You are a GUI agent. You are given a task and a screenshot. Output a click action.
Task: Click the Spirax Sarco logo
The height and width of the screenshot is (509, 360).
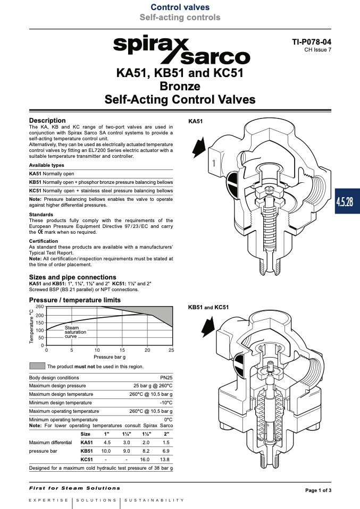point(182,49)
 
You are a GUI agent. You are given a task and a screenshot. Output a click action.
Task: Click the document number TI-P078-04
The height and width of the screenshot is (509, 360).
point(312,42)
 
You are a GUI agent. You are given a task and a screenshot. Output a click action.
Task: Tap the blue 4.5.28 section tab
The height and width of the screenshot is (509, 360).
point(347,201)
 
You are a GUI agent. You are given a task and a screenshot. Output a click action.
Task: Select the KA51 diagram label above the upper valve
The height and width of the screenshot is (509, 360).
point(195,122)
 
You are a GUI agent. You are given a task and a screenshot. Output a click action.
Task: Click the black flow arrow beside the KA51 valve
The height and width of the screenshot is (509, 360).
point(199,147)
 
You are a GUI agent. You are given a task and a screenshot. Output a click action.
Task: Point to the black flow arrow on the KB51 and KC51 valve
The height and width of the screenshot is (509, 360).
point(208,327)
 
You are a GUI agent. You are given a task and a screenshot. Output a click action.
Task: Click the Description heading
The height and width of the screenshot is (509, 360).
point(47,121)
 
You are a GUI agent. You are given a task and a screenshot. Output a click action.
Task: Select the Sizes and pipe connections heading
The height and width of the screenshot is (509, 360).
point(72,277)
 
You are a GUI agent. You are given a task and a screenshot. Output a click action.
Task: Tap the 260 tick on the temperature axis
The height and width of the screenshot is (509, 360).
point(40,307)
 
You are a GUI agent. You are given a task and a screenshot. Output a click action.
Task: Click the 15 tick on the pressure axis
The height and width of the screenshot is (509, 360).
point(122,350)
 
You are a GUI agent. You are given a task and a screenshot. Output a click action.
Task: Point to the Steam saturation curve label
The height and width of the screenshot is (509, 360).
point(76,332)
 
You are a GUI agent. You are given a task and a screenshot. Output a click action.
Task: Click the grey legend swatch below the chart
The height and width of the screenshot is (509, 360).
point(37,366)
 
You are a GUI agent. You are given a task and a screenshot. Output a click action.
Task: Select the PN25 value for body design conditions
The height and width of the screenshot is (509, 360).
point(166,378)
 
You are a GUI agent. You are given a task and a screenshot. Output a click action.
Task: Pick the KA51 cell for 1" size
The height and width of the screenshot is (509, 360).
point(107,443)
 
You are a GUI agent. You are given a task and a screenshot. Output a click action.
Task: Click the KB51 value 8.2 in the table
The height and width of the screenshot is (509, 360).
point(146,451)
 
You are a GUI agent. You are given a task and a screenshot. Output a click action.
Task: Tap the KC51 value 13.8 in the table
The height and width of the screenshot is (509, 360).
point(165,460)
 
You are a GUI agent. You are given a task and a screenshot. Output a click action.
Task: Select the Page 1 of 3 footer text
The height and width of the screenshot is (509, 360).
point(319,490)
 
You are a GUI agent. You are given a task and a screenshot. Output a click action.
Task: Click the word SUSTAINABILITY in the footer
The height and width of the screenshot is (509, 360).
point(154,500)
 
